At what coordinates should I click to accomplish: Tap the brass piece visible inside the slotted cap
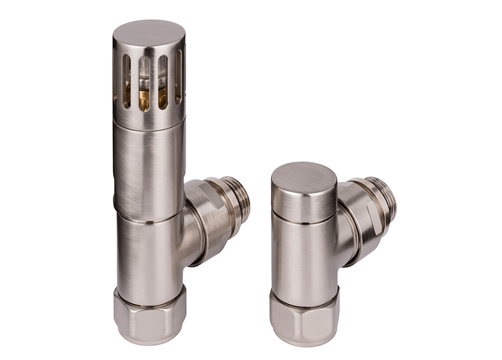144,100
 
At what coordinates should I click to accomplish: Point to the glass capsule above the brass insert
144,75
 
